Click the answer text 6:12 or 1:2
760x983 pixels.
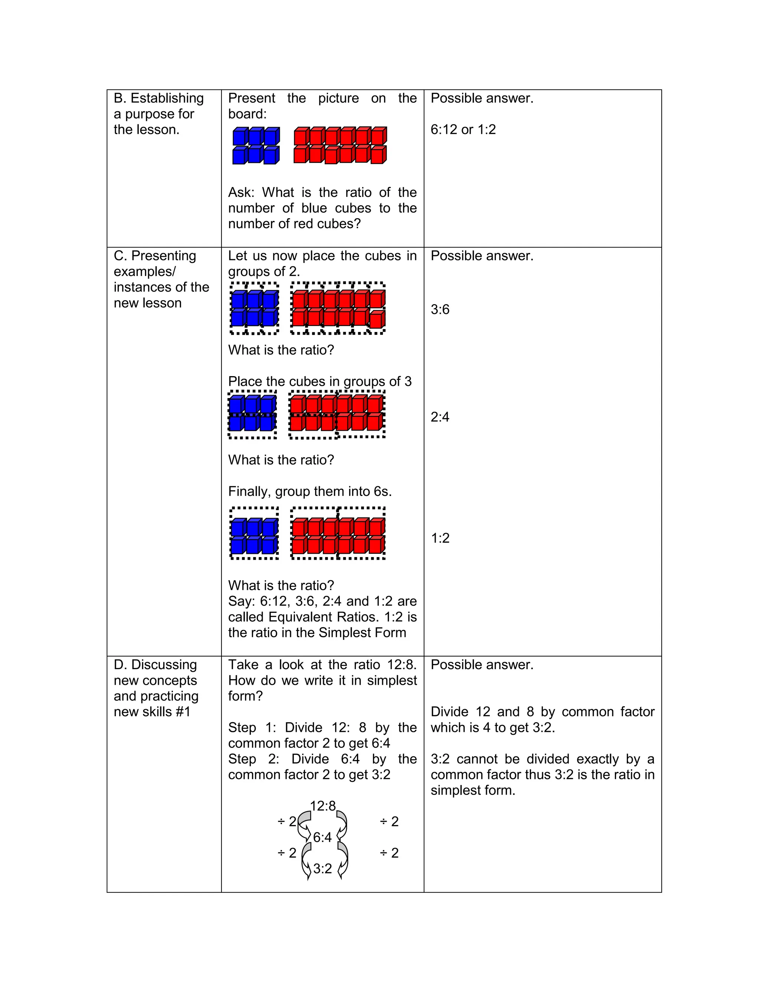[463, 129]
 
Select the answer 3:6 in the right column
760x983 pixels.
[440, 310]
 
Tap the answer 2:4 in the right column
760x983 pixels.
[440, 417]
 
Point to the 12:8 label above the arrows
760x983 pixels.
[323, 806]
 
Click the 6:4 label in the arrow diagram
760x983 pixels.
[322, 837]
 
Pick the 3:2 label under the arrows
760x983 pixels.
[322, 869]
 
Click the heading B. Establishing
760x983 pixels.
[158, 98]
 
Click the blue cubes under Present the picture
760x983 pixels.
[256, 145]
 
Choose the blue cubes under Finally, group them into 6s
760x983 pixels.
[254, 536]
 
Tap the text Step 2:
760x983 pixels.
[253, 759]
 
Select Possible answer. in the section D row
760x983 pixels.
[482, 665]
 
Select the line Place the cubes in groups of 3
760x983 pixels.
[320, 382]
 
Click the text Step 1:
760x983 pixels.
[252, 727]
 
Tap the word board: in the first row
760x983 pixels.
[247, 114]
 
